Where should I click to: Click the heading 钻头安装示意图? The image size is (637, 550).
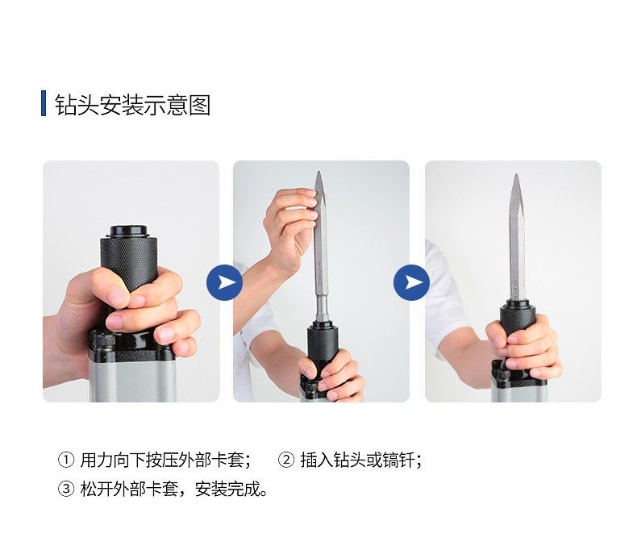click(x=133, y=104)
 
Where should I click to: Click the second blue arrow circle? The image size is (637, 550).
click(x=411, y=282)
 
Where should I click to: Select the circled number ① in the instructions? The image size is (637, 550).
click(x=66, y=460)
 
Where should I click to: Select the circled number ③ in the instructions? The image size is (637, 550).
click(x=66, y=489)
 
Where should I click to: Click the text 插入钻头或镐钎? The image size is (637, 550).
click(x=360, y=460)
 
